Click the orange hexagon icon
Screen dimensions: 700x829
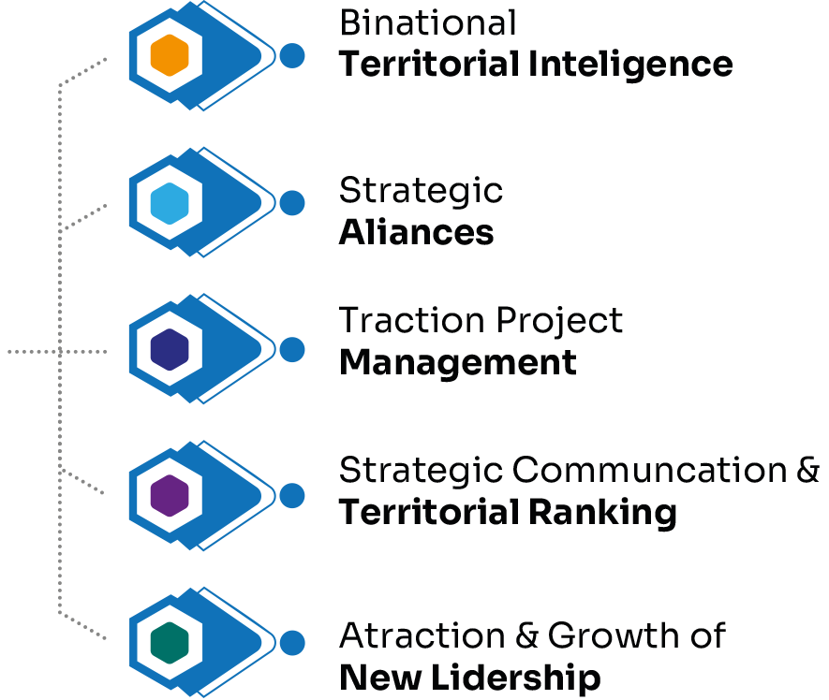coord(170,56)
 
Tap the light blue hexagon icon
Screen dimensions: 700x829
coord(170,203)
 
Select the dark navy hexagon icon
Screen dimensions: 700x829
coord(170,349)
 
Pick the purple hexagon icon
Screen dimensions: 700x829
coord(170,496)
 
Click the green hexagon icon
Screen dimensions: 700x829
coord(170,643)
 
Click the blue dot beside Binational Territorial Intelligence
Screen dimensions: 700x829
coord(292,56)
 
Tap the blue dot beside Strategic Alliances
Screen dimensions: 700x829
coord(292,203)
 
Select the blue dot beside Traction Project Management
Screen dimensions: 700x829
coord(292,349)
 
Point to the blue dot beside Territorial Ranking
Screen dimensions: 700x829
coord(292,496)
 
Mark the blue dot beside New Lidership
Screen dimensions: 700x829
coord(292,643)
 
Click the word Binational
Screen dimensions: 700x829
coord(428,22)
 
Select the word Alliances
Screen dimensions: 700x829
coord(417,231)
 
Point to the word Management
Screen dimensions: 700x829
coord(457,361)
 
